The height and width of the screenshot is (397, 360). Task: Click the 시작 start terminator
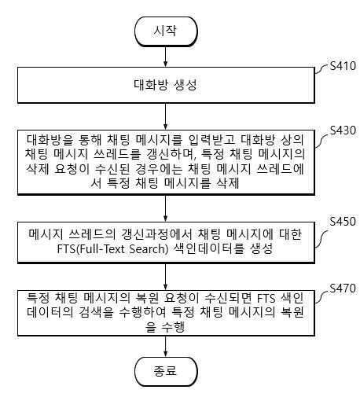pyautogui.click(x=166, y=31)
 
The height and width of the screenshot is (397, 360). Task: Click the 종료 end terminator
pyautogui.click(x=166, y=371)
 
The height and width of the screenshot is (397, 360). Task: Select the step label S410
pyautogui.click(x=343, y=65)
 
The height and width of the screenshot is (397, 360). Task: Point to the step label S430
pyautogui.click(x=343, y=130)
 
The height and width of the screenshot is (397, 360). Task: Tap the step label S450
pyautogui.click(x=343, y=221)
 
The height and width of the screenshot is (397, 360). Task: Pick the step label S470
pyautogui.click(x=343, y=289)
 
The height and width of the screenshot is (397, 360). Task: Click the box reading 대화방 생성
pyautogui.click(x=166, y=85)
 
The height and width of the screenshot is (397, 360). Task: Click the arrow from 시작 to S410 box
pyautogui.click(x=165, y=57)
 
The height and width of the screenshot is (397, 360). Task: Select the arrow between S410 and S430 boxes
pyautogui.click(x=165, y=116)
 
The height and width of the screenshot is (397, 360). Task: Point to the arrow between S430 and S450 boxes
pyautogui.click(x=165, y=208)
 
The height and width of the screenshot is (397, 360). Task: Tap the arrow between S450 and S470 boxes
pyautogui.click(x=165, y=277)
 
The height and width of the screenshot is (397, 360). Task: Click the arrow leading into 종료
pyautogui.click(x=165, y=347)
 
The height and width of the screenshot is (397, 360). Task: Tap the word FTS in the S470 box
pyautogui.click(x=266, y=299)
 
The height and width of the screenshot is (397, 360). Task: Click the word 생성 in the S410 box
pyautogui.click(x=186, y=85)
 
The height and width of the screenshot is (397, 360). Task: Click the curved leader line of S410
pyautogui.click(x=322, y=69)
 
